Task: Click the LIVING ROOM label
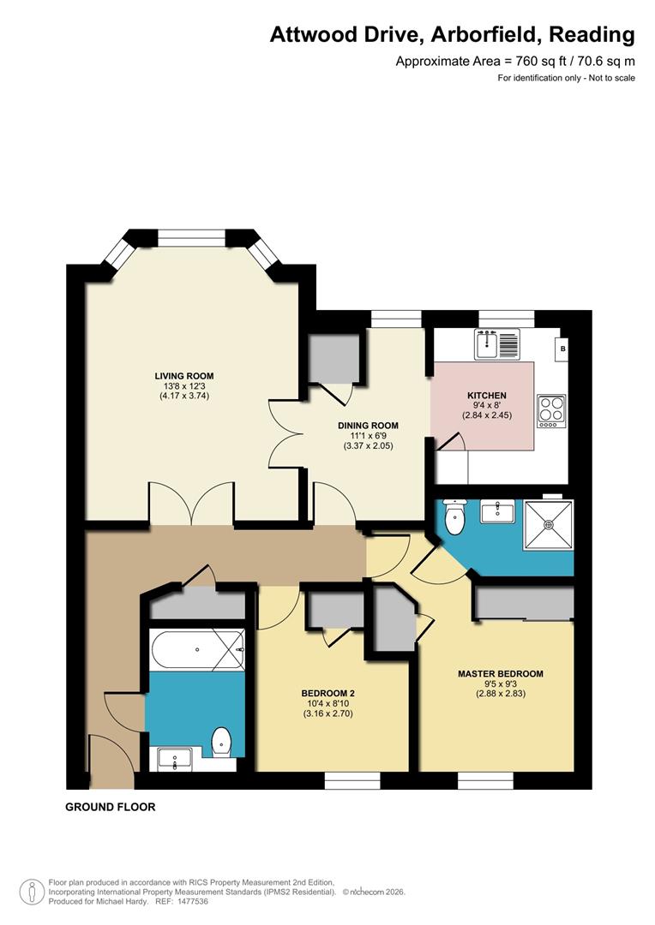pyautogui.click(x=184, y=376)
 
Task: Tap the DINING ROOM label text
pyautogui.click(x=368, y=426)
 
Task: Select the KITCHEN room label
pyautogui.click(x=487, y=395)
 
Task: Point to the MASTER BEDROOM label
pyautogui.click(x=501, y=674)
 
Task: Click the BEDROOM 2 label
pyautogui.click(x=327, y=694)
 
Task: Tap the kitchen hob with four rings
pyautogui.click(x=551, y=410)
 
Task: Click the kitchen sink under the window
pyautogui.click(x=497, y=344)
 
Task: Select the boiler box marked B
pyautogui.click(x=562, y=349)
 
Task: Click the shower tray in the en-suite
pyautogui.click(x=549, y=524)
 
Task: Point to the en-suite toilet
pyautogui.click(x=454, y=516)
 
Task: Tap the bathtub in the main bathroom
pyautogui.click(x=197, y=649)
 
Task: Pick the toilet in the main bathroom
pyautogui.click(x=221, y=742)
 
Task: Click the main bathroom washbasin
pyautogui.click(x=175, y=759)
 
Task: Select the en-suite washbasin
pyautogui.click(x=497, y=510)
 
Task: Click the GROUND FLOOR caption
pyautogui.click(x=111, y=807)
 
